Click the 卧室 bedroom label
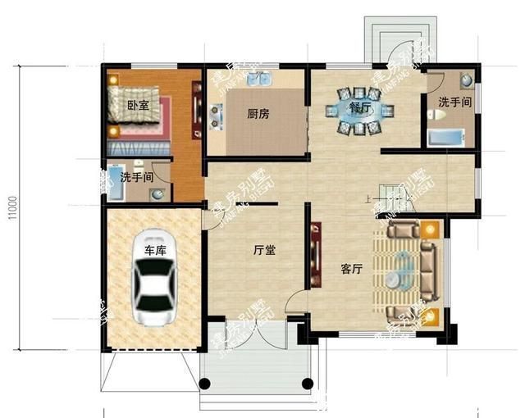(138, 106)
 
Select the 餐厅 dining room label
(361, 107)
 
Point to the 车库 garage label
(155, 250)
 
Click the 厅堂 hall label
(264, 250)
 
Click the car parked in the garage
(156, 291)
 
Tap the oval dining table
(361, 111)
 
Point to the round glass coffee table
(399, 270)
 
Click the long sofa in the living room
(429, 268)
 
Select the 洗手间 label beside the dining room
(454, 102)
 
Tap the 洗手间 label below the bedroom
(137, 177)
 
